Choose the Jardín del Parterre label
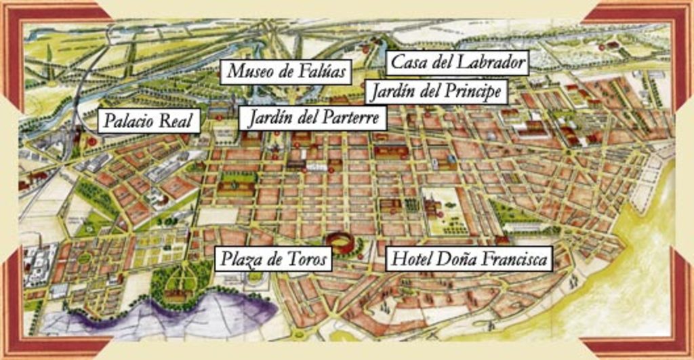pyautogui.click(x=312, y=119)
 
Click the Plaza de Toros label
pyautogui.click(x=274, y=259)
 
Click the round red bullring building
pyautogui.click(x=340, y=242)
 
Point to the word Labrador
pyautogui.click(x=490, y=63)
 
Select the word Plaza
pyautogui.click(x=238, y=259)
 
